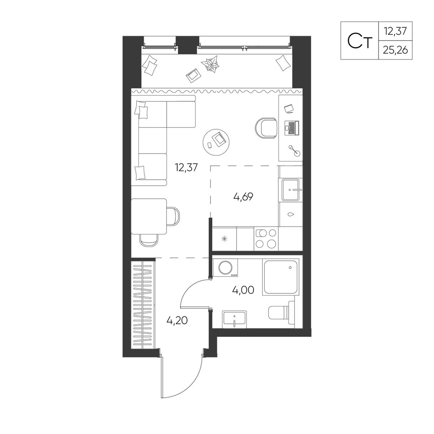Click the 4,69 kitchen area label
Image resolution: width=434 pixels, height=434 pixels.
(x=243, y=197)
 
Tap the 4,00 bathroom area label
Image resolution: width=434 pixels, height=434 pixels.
(x=243, y=290)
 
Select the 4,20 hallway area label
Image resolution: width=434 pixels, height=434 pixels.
(x=177, y=320)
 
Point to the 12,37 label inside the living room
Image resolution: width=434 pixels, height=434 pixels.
(x=186, y=168)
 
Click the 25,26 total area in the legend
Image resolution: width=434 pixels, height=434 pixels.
(x=395, y=50)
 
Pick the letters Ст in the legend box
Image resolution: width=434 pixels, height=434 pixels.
(x=360, y=41)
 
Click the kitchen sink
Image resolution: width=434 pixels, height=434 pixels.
(x=290, y=190)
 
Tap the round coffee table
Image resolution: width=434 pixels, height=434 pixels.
(x=216, y=142)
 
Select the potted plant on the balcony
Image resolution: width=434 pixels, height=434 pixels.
(x=211, y=64)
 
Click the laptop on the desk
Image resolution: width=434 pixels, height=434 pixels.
(x=292, y=128)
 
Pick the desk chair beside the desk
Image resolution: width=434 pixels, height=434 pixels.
(x=266, y=128)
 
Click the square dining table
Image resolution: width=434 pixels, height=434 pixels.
(x=149, y=217)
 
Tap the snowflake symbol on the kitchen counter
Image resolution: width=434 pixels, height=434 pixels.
(x=224, y=239)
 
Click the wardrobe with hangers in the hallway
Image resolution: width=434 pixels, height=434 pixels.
(x=143, y=303)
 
